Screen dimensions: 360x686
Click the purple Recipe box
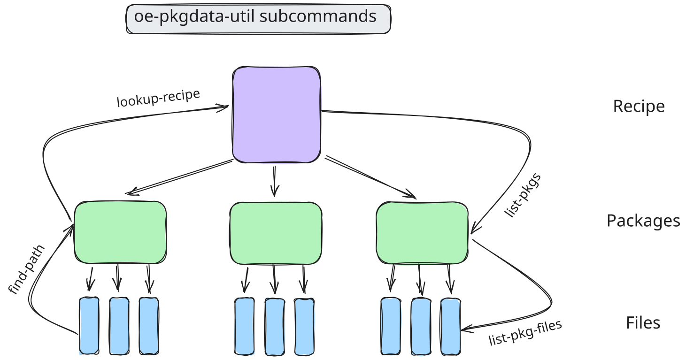click(276, 115)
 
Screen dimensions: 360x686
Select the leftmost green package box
click(120, 232)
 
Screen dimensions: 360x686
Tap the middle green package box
click(276, 233)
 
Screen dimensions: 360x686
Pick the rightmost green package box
click(422, 233)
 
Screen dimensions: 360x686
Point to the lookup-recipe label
click(158, 98)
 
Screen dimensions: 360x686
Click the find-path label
click(26, 269)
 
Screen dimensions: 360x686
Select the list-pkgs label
click(523, 196)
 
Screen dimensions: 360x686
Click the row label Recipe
click(639, 107)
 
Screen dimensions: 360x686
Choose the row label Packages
click(643, 221)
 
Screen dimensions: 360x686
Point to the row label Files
click(643, 323)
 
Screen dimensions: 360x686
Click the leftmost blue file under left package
click(89, 325)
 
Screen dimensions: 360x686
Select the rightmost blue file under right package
click(450, 326)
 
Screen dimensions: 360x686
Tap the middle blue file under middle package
click(275, 326)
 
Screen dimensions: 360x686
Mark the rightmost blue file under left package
click(149, 325)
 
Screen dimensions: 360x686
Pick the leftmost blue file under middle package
click(244, 326)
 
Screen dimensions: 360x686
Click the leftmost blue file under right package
click(391, 326)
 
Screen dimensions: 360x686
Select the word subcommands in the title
click(318, 17)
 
